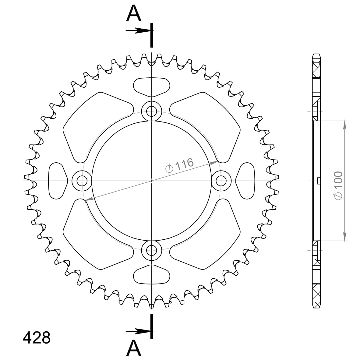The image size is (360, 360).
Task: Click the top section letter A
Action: click(134, 13)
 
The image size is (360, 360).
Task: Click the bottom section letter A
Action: click(134, 348)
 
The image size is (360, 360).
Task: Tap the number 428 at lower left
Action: click(37, 338)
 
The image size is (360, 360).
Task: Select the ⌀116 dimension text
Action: click(179, 165)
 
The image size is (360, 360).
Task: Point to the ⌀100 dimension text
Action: click(339, 185)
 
